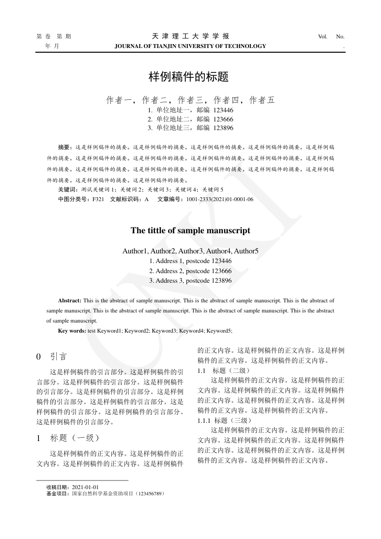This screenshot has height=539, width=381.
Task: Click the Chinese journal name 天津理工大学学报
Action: (x=190, y=36)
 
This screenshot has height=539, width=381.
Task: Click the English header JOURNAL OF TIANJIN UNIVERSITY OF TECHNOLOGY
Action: (x=190, y=46)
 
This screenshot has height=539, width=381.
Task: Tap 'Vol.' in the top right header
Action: (x=322, y=36)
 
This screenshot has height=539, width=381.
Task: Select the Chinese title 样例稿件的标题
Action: (x=190, y=76)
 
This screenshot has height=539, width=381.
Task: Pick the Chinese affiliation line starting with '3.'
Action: (x=190, y=127)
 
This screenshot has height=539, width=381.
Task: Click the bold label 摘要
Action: (x=64, y=146)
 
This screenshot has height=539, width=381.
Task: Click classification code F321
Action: (x=98, y=199)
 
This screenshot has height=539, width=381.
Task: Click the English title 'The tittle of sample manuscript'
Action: (x=190, y=230)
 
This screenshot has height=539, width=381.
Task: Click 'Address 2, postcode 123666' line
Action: (x=190, y=271)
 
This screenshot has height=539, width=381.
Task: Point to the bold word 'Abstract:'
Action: (x=70, y=300)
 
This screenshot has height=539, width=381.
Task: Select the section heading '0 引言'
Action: (x=52, y=357)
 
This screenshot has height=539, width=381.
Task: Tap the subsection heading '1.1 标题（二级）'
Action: (x=224, y=371)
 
